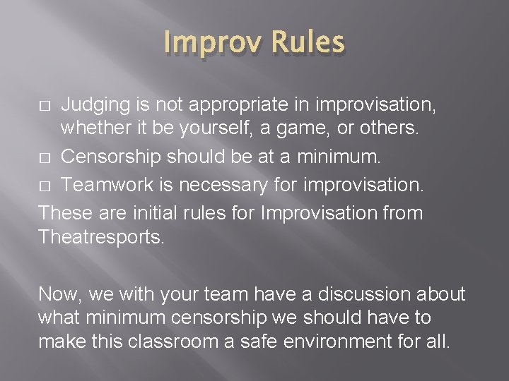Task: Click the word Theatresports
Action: coord(101,237)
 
